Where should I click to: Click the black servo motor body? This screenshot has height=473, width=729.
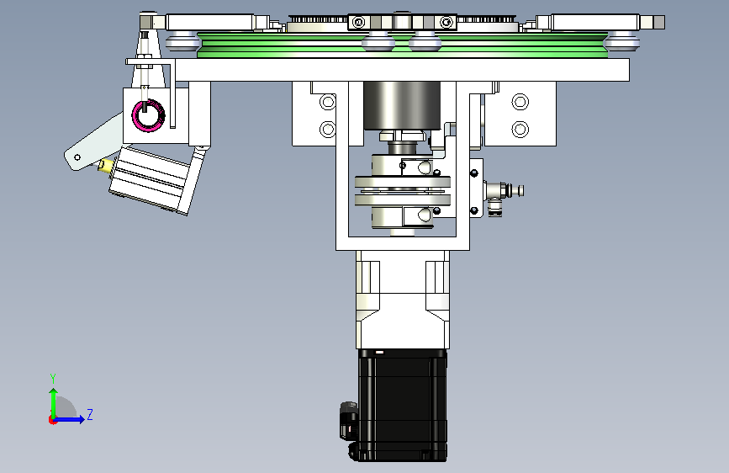coord(403,405)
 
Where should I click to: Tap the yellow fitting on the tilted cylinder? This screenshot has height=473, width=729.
coord(106,166)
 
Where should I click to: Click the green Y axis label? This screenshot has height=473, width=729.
coord(53,379)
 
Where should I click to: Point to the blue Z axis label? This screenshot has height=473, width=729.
coord(90,414)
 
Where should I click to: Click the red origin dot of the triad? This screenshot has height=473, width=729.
coord(52,420)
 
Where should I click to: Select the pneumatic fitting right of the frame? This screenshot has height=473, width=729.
coord(504,194)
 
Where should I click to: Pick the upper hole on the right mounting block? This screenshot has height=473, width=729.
coord(520,102)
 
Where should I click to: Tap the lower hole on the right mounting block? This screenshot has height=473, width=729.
coord(520,129)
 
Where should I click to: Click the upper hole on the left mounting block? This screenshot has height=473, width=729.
coord(328,102)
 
